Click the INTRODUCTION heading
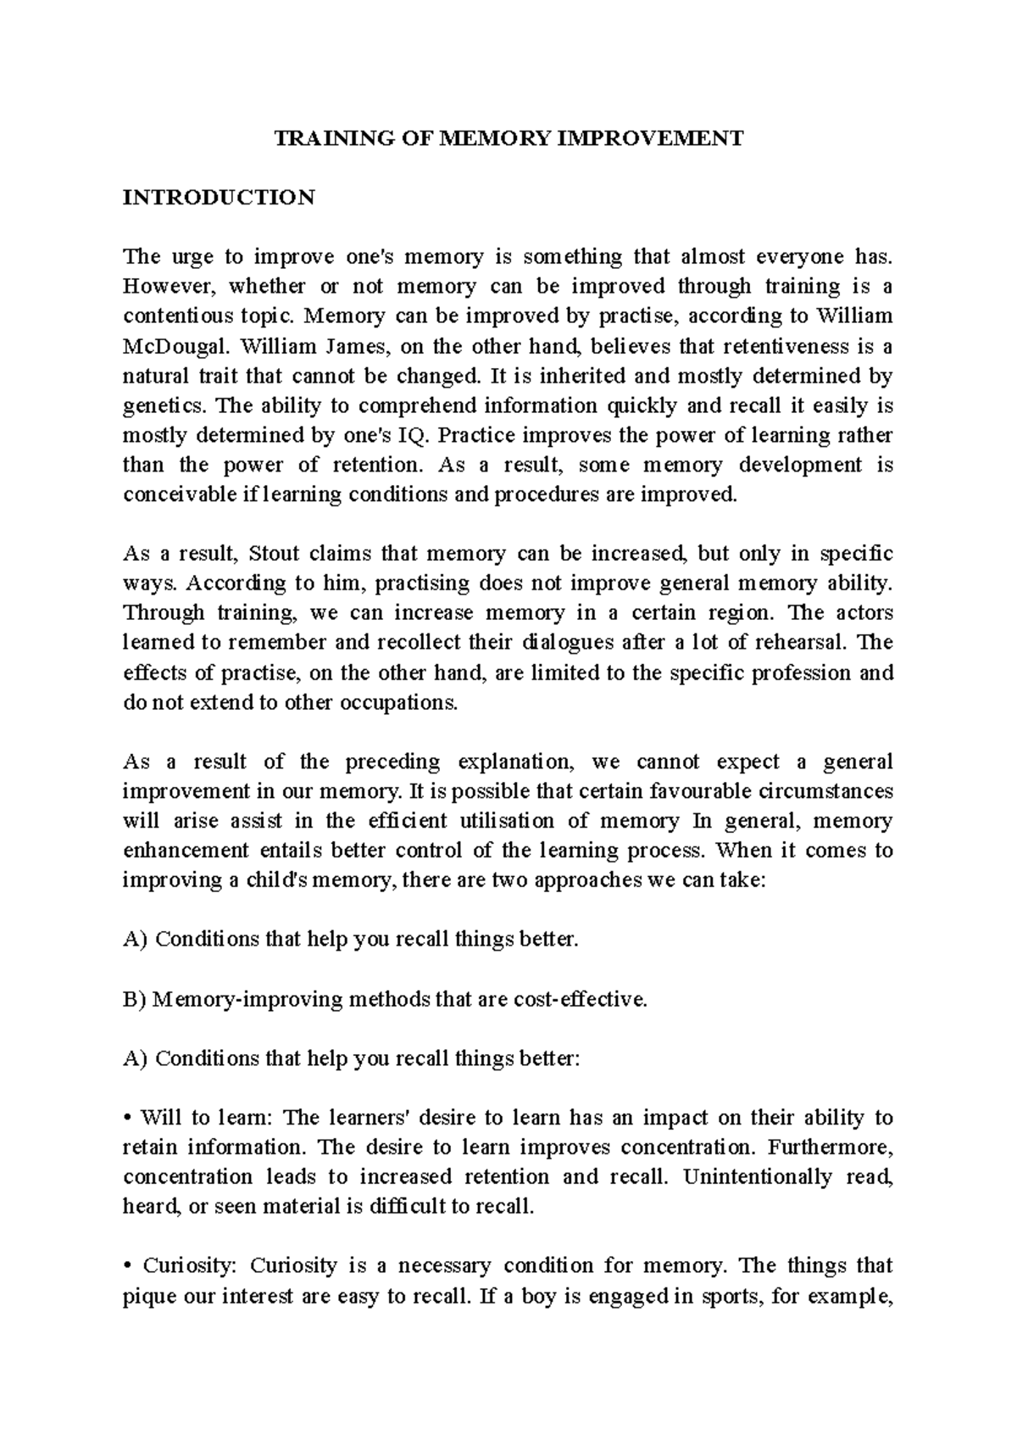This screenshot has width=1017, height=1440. [219, 198]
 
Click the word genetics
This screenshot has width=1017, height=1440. [159, 406]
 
